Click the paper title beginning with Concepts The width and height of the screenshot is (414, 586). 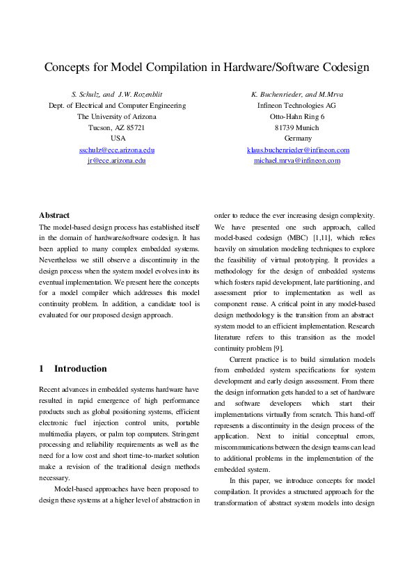207,68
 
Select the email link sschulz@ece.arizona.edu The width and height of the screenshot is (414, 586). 117,150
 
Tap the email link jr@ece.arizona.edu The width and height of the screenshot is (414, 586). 117,160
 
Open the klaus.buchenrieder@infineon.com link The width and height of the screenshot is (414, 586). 298,150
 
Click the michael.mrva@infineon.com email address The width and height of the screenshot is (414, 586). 298,160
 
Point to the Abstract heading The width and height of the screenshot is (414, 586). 54,216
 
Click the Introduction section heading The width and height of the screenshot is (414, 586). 81,369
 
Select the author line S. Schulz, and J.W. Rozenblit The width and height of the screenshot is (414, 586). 117,94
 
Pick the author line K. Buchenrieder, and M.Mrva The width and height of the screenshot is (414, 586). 298,94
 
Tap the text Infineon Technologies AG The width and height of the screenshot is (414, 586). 298,105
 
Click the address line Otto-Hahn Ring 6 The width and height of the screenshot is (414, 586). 298,116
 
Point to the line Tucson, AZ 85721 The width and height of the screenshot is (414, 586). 117,127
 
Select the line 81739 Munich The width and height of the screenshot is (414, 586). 298,127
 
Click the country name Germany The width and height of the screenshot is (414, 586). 298,138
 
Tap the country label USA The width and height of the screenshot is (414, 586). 117,138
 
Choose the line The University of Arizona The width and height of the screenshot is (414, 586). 117,116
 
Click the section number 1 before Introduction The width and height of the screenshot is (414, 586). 42,369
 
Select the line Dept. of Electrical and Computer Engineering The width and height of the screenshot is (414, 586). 117,105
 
